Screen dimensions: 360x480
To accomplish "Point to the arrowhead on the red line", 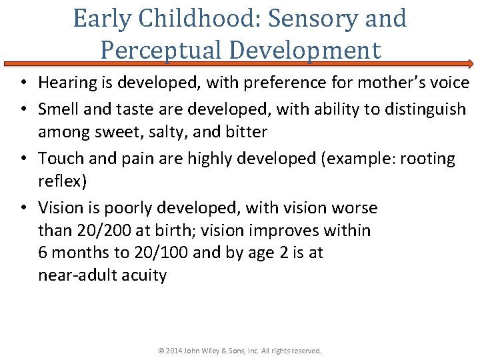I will [x=469, y=64].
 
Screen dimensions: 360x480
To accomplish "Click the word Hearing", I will [x=67, y=83].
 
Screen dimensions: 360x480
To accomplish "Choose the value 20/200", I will [x=99, y=231].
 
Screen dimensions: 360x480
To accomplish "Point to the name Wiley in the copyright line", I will [x=218, y=351].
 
